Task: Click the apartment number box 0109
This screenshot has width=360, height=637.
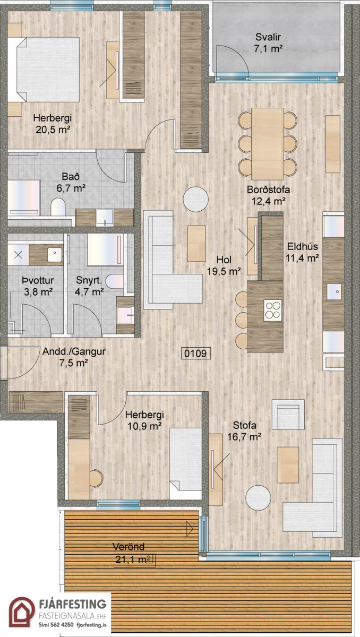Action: [x=196, y=353]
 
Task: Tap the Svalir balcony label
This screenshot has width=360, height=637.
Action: [x=268, y=37]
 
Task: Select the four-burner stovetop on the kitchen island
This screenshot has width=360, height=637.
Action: [x=273, y=310]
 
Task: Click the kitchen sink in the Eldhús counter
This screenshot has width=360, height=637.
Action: [x=334, y=291]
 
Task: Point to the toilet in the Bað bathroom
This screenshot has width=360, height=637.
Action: [x=58, y=206]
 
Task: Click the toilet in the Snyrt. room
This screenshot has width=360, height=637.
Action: [x=115, y=281]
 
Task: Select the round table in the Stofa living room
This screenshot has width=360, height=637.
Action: [x=258, y=497]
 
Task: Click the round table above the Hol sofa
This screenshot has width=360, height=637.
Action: [x=195, y=199]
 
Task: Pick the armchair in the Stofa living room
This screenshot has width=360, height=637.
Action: [x=288, y=415]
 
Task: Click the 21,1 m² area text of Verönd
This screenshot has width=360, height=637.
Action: [x=134, y=559]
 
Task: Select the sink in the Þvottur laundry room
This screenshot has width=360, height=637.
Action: [x=55, y=253]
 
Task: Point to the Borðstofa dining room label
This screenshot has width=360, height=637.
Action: [x=268, y=190]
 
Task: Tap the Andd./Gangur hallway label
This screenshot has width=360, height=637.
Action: [x=74, y=352]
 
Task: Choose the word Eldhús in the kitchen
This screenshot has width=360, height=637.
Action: [x=302, y=246]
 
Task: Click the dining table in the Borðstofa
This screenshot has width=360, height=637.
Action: [x=267, y=144]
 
